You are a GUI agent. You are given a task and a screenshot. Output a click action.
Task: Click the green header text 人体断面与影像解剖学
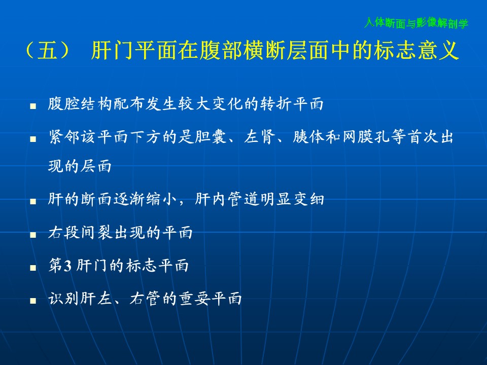[416, 23]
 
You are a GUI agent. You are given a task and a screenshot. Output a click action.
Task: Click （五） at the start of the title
[48, 50]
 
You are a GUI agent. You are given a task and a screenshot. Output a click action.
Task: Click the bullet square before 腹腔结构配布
[33, 106]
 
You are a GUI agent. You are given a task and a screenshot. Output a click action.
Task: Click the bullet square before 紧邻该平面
[33, 139]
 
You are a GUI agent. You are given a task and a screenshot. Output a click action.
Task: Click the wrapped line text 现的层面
[80, 166]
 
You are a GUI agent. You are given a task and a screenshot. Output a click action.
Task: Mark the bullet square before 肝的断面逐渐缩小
[33, 201]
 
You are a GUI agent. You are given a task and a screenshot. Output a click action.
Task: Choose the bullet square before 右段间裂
[33, 235]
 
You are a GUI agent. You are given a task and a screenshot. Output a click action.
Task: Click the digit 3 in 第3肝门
[67, 266]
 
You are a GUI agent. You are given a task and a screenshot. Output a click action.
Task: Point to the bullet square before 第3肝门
[33, 268]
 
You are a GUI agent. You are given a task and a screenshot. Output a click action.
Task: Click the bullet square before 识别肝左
[33, 301]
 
